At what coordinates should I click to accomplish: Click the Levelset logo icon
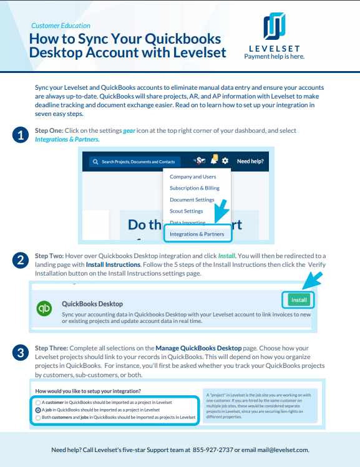pos(275,27)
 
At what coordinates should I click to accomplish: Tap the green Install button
pos(299,300)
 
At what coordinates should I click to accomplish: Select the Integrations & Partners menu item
pos(197,234)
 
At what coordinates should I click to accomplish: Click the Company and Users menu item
pos(193,176)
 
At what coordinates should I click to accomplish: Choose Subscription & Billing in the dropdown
pos(194,188)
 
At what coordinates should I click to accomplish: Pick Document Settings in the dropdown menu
pos(192,200)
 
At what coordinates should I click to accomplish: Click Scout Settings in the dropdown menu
pos(186,211)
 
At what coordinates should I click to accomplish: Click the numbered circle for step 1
pos(20,135)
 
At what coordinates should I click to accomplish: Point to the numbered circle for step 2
pos(20,260)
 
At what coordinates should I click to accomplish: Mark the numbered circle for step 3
pos(20,353)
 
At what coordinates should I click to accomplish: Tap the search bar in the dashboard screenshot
pos(135,161)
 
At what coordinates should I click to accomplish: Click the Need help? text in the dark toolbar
pos(250,161)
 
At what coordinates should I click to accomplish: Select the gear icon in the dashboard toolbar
pos(225,161)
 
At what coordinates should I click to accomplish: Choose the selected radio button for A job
pos(38,410)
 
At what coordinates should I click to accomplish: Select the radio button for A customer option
pos(38,403)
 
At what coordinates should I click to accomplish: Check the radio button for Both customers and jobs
pos(38,418)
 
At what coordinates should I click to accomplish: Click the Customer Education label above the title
pos(61,26)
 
